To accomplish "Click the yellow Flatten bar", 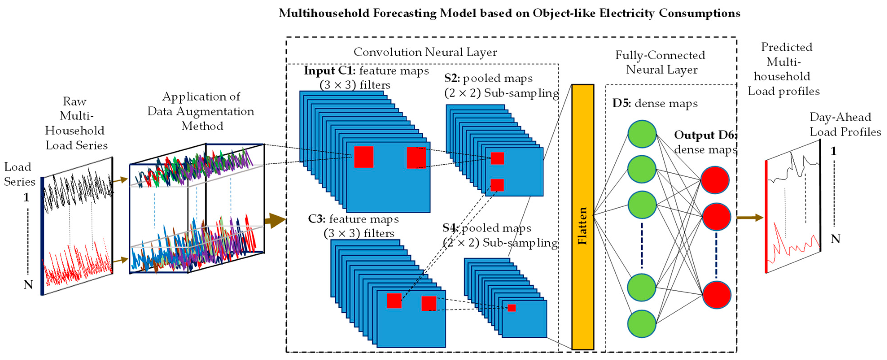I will click(x=583, y=217).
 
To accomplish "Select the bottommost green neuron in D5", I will click(x=642, y=323).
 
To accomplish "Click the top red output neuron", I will click(x=715, y=180).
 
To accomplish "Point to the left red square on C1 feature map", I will click(x=364, y=157).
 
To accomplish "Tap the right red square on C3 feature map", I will click(x=429, y=303).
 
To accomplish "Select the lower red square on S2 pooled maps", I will click(x=497, y=185).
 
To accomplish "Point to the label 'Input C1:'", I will click(x=329, y=71).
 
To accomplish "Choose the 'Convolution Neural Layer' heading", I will click(x=425, y=52).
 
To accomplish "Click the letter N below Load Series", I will click(x=28, y=285).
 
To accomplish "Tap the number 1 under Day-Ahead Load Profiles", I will click(x=833, y=151).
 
